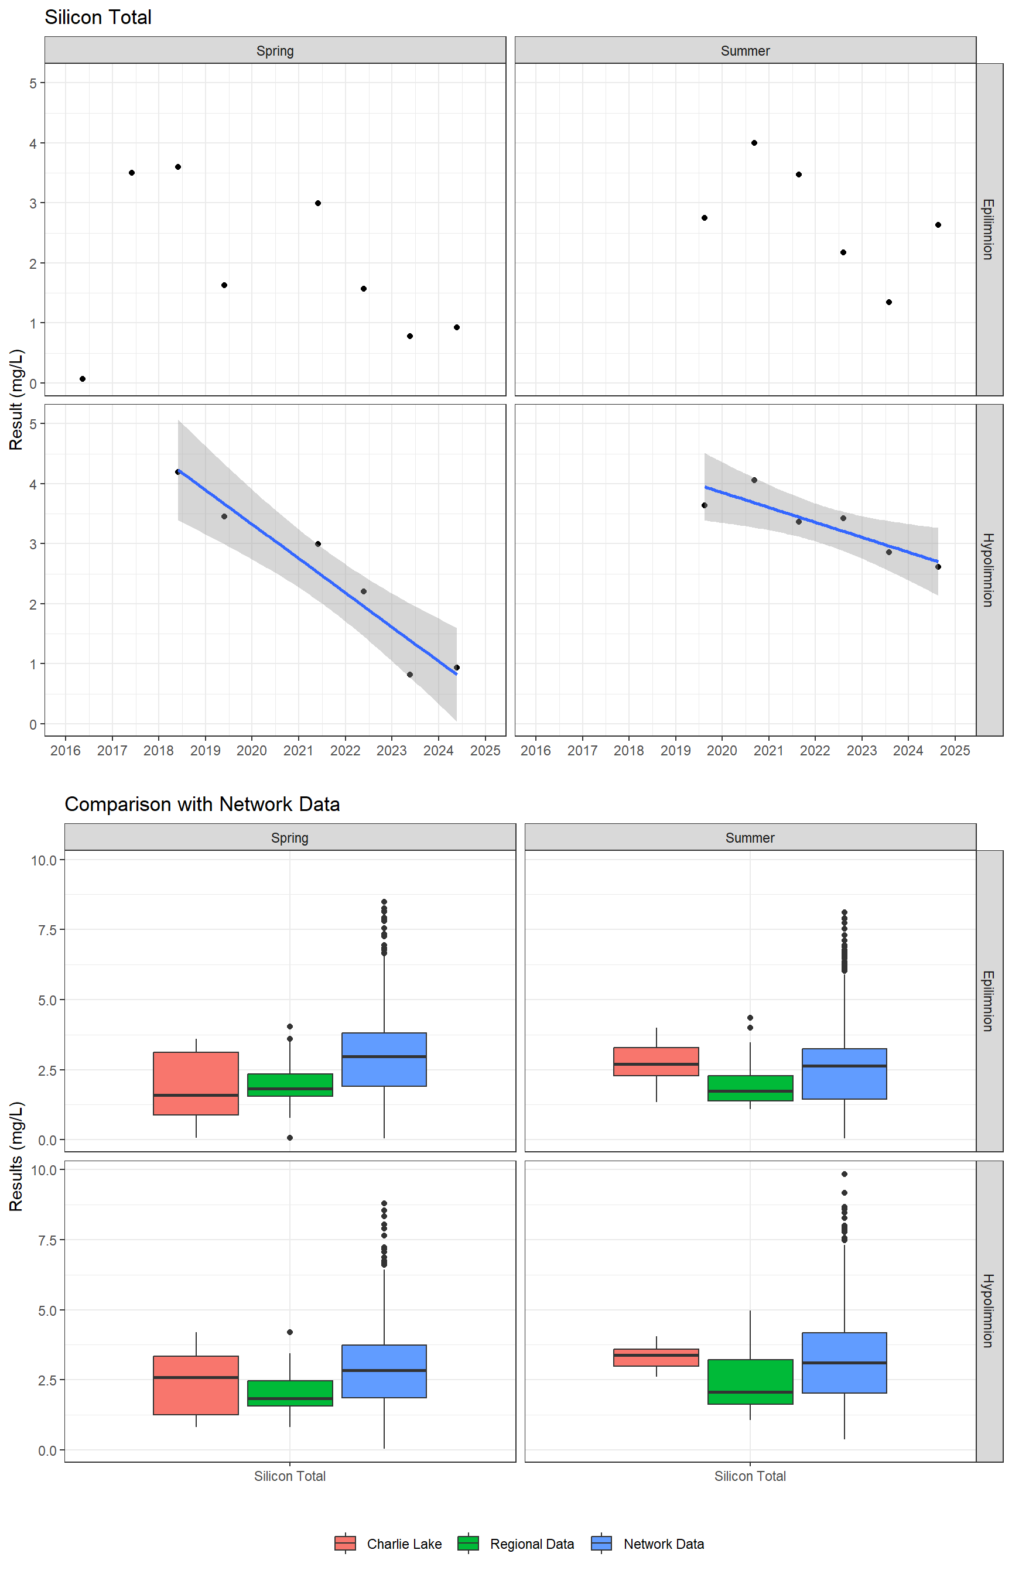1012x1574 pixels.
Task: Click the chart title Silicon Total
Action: pyautogui.click(x=98, y=17)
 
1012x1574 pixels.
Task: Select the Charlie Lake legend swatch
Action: pyautogui.click(x=345, y=1543)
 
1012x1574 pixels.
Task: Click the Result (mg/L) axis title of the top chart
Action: pyautogui.click(x=16, y=399)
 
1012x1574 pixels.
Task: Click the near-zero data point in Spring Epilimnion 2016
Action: pyautogui.click(x=82, y=379)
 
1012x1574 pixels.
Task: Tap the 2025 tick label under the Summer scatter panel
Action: pyautogui.click(x=954, y=750)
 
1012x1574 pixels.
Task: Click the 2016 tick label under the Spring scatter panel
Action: pyautogui.click(x=66, y=750)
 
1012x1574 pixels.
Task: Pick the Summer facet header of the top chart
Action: pyautogui.click(x=744, y=50)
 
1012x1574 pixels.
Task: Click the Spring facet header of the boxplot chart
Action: pyautogui.click(x=290, y=837)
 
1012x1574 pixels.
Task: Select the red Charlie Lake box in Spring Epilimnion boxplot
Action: pyautogui.click(x=196, y=1083)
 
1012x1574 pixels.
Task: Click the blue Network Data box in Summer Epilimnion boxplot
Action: pyautogui.click(x=844, y=1073)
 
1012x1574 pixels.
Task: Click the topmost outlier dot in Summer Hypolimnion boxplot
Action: pyautogui.click(x=844, y=1174)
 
